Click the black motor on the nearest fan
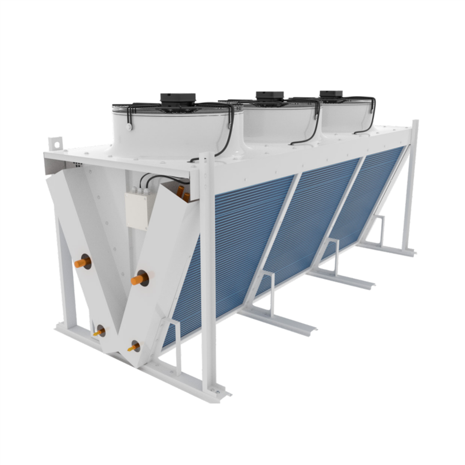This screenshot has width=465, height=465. (x=178, y=99)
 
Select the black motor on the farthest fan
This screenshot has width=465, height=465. (x=331, y=94)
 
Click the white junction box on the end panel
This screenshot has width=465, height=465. (x=137, y=211)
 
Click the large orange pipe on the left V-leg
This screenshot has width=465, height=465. (x=82, y=262)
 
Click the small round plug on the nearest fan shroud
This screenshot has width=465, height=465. (x=129, y=128)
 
